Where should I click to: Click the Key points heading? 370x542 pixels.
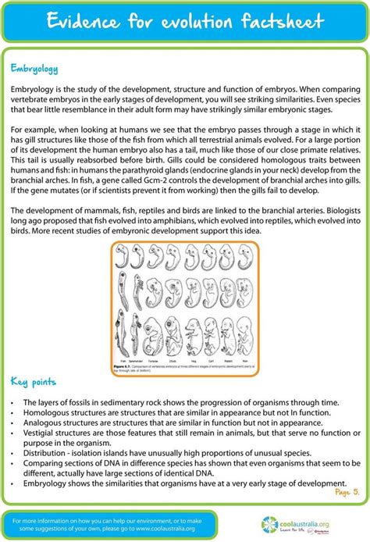coord(34,382)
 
